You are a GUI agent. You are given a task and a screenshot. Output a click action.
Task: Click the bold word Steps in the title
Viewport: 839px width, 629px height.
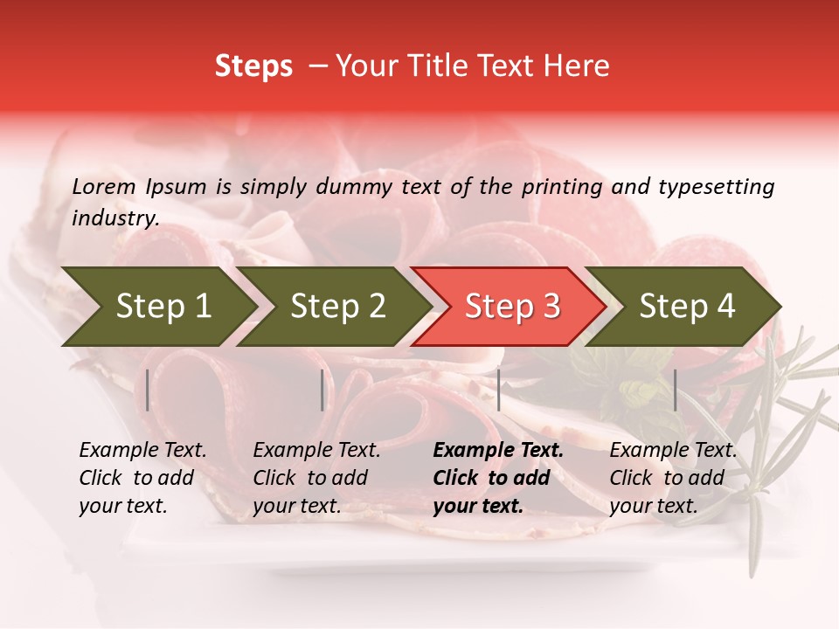pyautogui.click(x=253, y=66)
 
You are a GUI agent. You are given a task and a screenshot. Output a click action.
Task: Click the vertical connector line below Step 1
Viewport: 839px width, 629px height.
pyautogui.click(x=148, y=390)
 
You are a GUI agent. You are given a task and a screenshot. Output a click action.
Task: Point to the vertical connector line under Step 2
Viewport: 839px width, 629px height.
pyautogui.click(x=322, y=390)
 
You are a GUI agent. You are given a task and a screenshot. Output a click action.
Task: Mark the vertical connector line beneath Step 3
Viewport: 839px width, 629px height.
pyautogui.click(x=498, y=390)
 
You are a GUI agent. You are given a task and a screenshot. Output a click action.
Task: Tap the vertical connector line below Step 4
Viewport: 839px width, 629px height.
pyautogui.click(x=675, y=390)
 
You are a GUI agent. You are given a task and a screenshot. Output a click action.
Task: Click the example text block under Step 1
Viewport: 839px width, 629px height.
pyautogui.click(x=142, y=478)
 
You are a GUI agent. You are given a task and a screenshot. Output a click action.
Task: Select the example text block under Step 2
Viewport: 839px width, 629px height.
pyautogui.click(x=316, y=478)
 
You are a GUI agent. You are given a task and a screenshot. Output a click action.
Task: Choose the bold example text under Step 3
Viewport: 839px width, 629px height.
pyautogui.click(x=498, y=478)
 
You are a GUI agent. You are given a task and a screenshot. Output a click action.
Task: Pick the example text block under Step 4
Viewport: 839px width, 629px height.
pyautogui.click(x=673, y=478)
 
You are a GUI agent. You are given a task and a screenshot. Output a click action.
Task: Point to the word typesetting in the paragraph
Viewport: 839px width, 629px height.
pyautogui.click(x=716, y=187)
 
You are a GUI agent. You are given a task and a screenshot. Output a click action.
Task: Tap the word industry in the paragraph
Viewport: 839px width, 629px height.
pyautogui.click(x=115, y=218)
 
